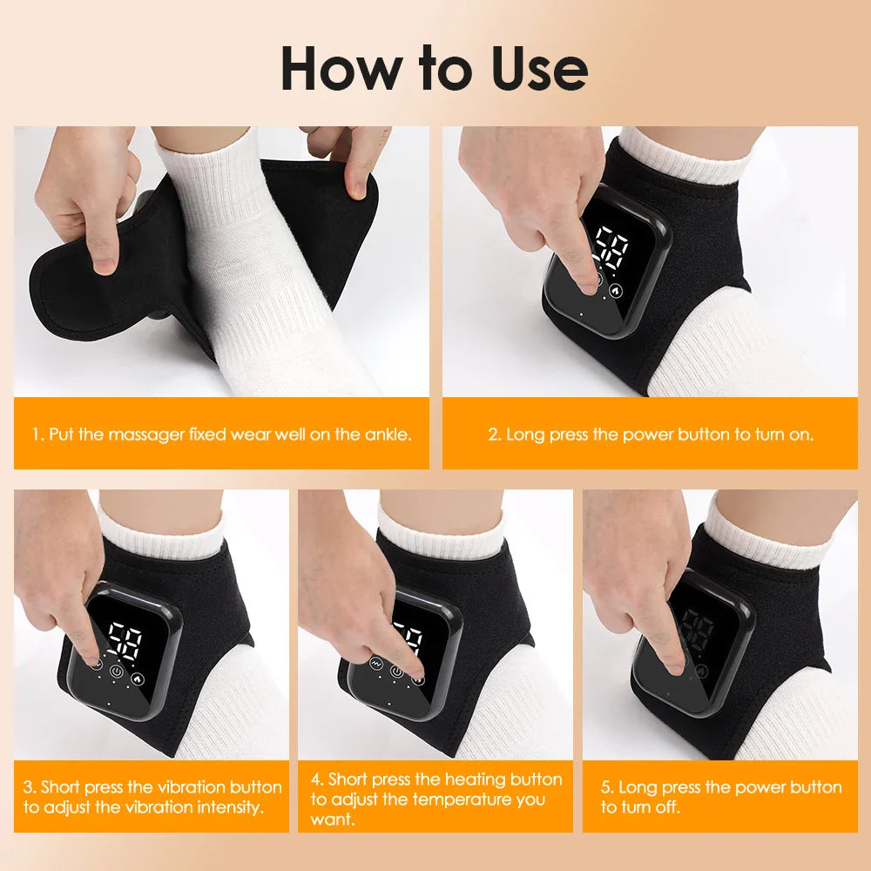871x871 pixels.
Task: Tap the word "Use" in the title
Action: pos(538,69)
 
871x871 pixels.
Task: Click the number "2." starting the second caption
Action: pos(494,434)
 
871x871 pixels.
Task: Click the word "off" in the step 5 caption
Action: pos(667,807)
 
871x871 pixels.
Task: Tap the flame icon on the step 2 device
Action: pos(617,291)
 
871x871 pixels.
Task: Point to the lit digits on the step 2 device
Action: pos(609,249)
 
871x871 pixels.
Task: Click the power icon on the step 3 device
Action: pos(118,672)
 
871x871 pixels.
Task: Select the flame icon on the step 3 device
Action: pos(138,676)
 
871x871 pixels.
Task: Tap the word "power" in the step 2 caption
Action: pos(644,434)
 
